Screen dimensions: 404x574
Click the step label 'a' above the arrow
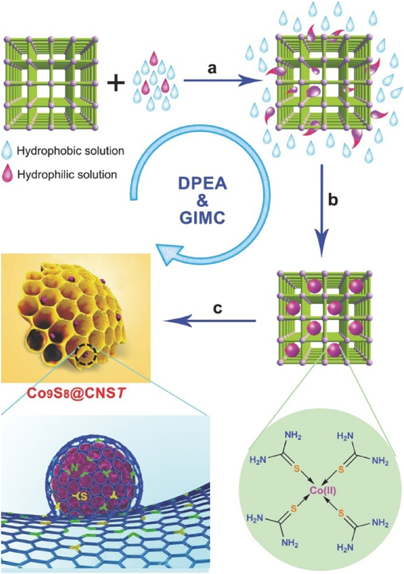pyautogui.click(x=211, y=68)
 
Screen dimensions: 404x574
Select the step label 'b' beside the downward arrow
pyautogui.click(x=333, y=200)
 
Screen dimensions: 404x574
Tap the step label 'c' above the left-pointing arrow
pyautogui.click(x=218, y=309)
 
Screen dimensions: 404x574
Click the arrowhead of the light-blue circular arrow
pyautogui.click(x=166, y=254)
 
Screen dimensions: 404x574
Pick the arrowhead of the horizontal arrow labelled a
pyautogui.click(x=249, y=82)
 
